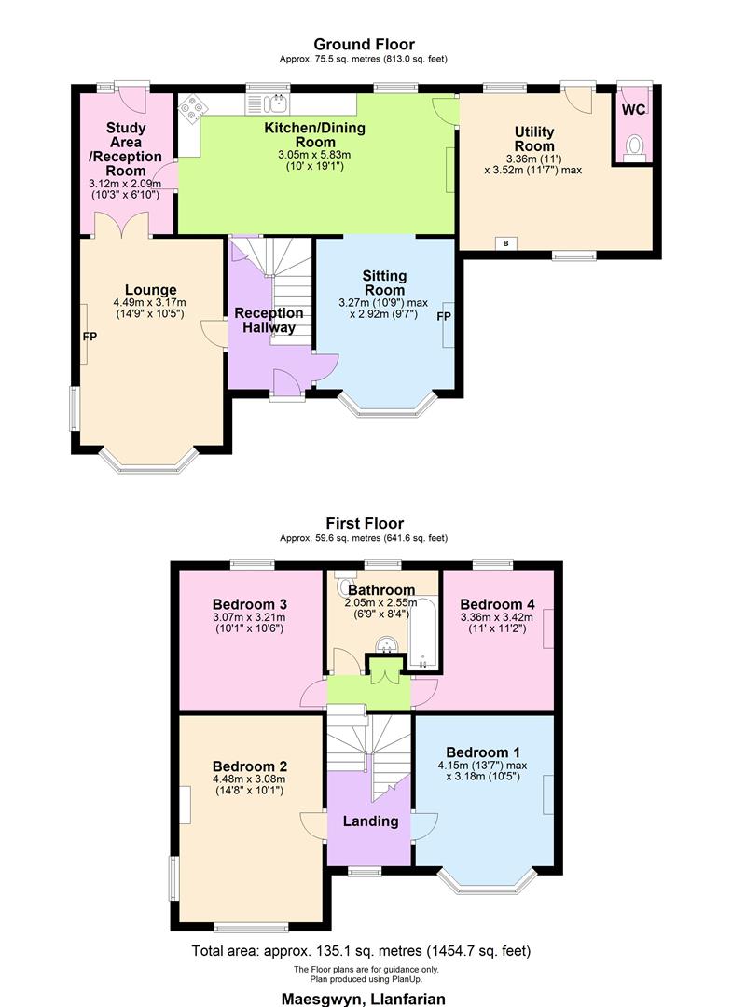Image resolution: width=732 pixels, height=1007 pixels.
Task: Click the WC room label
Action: click(633, 109)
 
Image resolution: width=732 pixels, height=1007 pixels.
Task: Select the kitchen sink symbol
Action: click(277, 103)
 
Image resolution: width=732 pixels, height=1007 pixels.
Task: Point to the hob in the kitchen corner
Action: click(192, 109)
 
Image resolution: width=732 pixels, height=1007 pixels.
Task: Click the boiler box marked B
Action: click(506, 243)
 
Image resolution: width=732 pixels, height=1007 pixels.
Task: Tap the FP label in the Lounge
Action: click(90, 335)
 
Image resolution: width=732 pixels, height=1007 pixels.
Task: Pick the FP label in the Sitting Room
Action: click(444, 317)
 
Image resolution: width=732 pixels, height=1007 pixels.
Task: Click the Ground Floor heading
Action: click(364, 44)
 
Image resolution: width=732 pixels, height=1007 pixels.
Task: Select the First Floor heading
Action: click(365, 523)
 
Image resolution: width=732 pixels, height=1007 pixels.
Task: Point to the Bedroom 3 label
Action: click(248, 602)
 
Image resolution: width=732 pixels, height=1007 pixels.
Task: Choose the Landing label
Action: click(370, 821)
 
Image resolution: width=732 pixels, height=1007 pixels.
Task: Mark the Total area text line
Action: click(362, 951)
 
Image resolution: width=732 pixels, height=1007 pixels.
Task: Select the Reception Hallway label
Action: click(269, 320)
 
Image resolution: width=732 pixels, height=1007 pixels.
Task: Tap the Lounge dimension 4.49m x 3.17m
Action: click(149, 302)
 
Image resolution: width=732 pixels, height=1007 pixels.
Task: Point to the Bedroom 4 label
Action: click(497, 602)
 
